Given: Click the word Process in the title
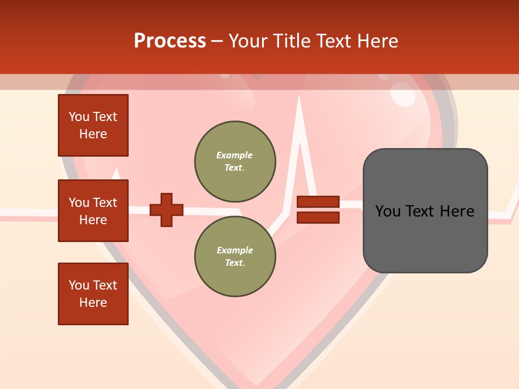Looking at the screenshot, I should pyautogui.click(x=170, y=41).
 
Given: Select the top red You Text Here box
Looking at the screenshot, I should pyautogui.click(x=93, y=125).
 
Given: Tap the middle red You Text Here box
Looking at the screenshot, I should pyautogui.click(x=93, y=211).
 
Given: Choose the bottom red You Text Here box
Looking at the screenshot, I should pyautogui.click(x=93, y=294).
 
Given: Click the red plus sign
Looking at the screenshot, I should pyautogui.click(x=167, y=210).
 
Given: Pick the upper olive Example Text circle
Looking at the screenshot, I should pyautogui.click(x=235, y=161).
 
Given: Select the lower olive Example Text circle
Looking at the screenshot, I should pyautogui.click(x=235, y=256).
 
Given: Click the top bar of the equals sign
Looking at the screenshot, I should pyautogui.click(x=318, y=202).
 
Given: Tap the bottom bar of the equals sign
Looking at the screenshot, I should pyautogui.click(x=318, y=218).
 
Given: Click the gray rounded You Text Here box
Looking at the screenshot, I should pyautogui.click(x=425, y=211).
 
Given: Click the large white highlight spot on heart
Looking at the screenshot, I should pyautogui.click(x=403, y=96).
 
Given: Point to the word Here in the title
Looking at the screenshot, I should pyautogui.click(x=378, y=41).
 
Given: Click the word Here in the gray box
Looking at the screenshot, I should pyautogui.click(x=457, y=211).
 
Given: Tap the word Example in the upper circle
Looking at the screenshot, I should pyautogui.click(x=235, y=155).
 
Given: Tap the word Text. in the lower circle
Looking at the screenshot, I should pyautogui.click(x=235, y=263).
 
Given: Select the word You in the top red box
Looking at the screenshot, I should pyautogui.click(x=79, y=117).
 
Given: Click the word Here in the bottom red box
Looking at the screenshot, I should pyautogui.click(x=93, y=303).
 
